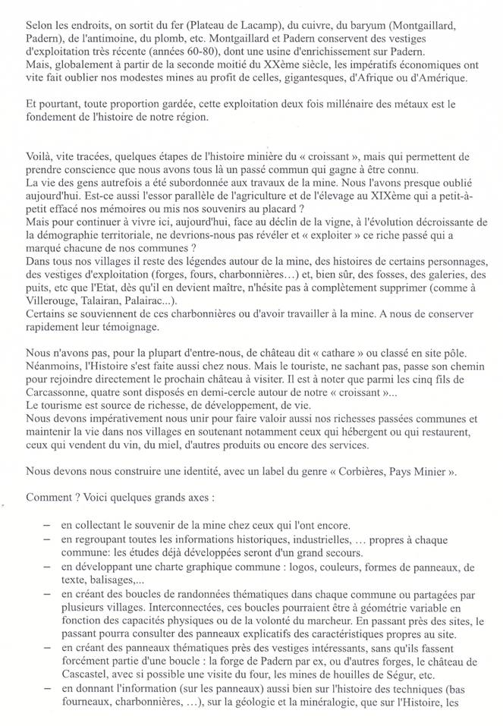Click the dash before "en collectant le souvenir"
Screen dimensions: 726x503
click(x=48, y=523)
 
